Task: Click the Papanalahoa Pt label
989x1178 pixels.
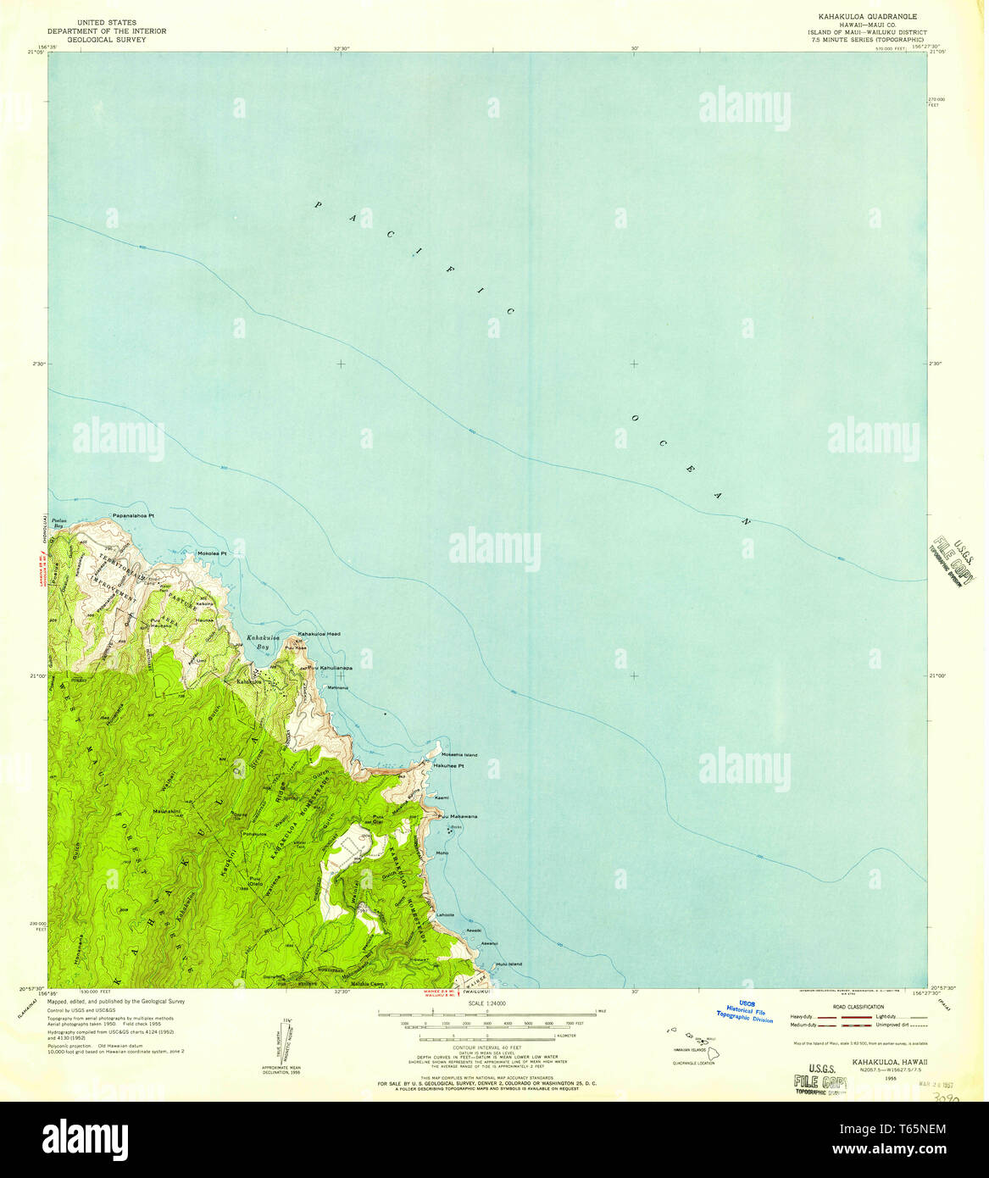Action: click(133, 515)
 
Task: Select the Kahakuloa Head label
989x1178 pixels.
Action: click(319, 634)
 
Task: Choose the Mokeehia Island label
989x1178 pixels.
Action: click(458, 754)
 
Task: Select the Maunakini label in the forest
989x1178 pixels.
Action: click(169, 811)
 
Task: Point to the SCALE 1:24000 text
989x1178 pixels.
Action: click(486, 1004)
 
